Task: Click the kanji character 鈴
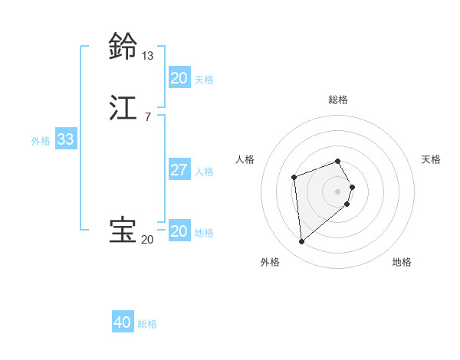point(123,47)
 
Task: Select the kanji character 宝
point(123,231)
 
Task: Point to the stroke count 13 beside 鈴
point(147,56)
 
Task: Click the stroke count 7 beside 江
point(147,116)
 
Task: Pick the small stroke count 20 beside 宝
point(147,241)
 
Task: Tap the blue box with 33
point(65,140)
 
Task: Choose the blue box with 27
point(179,170)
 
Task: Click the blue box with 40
point(123,323)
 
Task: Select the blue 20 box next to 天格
point(179,78)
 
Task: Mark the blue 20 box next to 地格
point(179,231)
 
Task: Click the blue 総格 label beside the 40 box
point(148,324)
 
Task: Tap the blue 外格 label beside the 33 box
point(41,141)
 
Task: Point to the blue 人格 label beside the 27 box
point(205,171)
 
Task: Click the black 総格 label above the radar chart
point(338,100)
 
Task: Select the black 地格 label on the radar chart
point(402,262)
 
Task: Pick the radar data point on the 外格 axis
point(302,242)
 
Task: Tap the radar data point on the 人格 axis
point(294,178)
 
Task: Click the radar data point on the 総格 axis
point(338,161)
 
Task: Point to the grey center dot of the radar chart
point(338,191)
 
